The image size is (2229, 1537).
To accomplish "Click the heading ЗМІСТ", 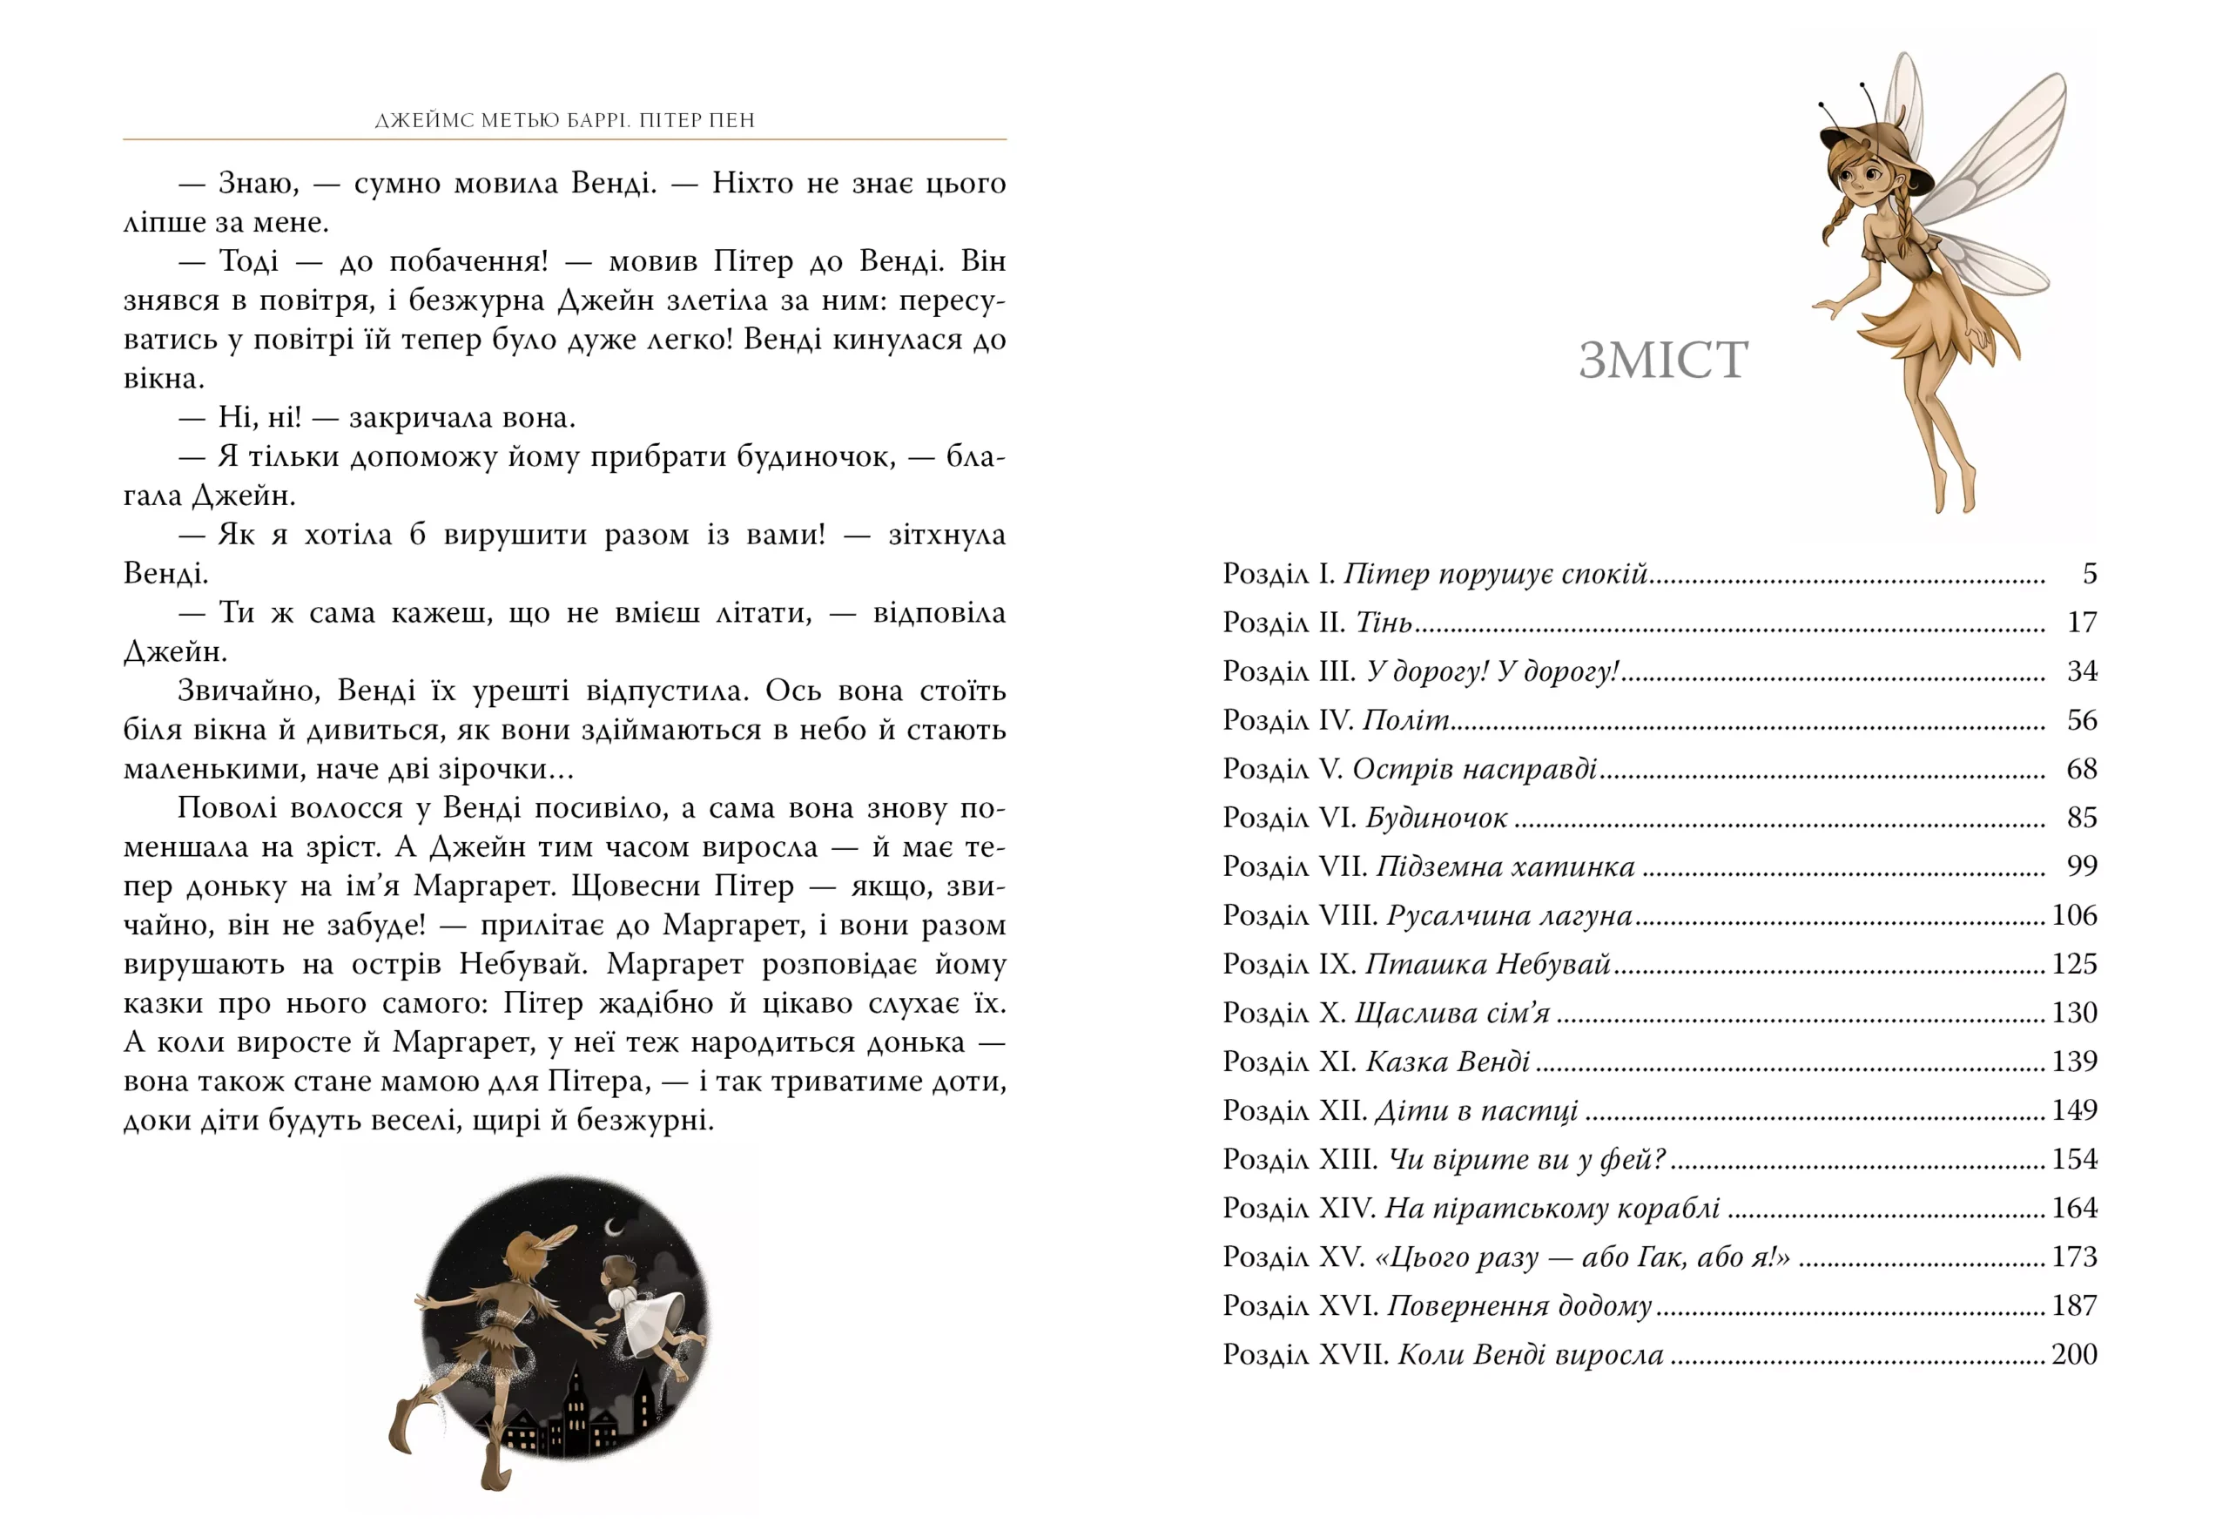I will [x=1663, y=361].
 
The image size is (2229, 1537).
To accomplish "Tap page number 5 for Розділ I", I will [x=2090, y=574].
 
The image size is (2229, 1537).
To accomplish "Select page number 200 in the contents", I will [x=2074, y=1354].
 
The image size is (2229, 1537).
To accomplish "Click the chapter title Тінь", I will [x=1384, y=624].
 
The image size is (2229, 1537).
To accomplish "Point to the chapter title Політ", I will [x=1406, y=720].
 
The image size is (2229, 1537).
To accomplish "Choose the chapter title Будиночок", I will [x=1436, y=818].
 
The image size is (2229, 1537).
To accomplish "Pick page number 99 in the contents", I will [x=2082, y=866].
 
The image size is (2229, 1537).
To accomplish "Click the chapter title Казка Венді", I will [x=1447, y=1062].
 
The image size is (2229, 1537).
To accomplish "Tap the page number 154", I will [x=2074, y=1158].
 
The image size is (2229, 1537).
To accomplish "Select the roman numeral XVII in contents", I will [x=1352, y=1354].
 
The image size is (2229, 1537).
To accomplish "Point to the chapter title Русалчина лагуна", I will [x=1509, y=915].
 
